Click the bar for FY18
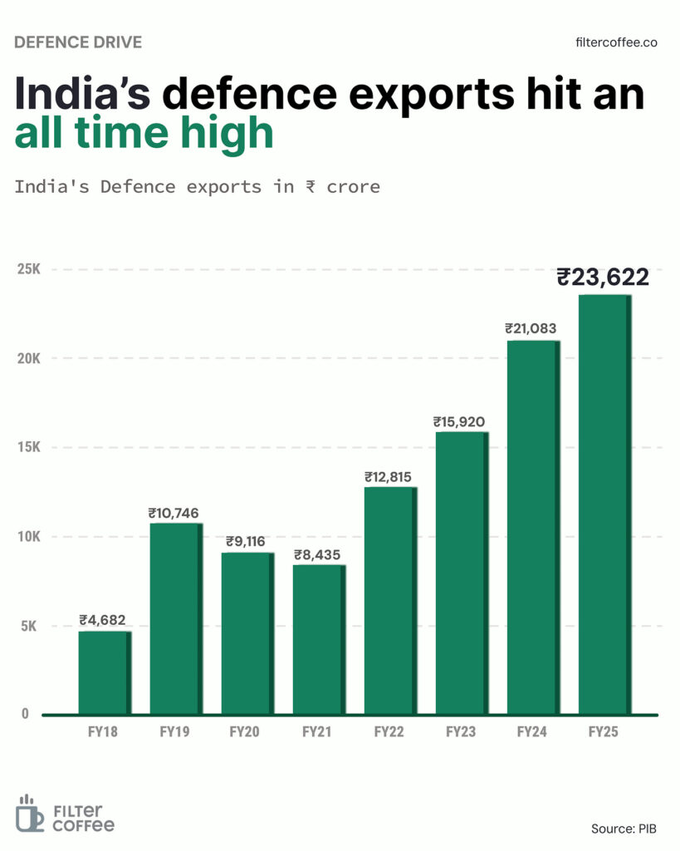pyautogui.click(x=105, y=672)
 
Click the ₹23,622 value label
pyautogui.click(x=603, y=277)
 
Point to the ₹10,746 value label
pyautogui.click(x=174, y=513)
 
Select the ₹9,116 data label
pyautogui.click(x=246, y=542)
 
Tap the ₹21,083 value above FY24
pyautogui.click(x=532, y=329)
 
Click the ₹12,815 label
pyautogui.click(x=389, y=477)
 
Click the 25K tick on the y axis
pyautogui.click(x=28, y=270)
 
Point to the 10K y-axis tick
pyautogui.click(x=28, y=537)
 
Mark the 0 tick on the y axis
pyautogui.click(x=25, y=714)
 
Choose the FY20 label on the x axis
pyautogui.click(x=246, y=732)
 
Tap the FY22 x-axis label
pyautogui.click(x=389, y=732)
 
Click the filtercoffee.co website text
pyautogui.click(x=616, y=42)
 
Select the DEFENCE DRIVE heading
pyautogui.click(x=78, y=42)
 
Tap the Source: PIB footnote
pyautogui.click(x=624, y=828)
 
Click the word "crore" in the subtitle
pyautogui.click(x=353, y=186)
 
